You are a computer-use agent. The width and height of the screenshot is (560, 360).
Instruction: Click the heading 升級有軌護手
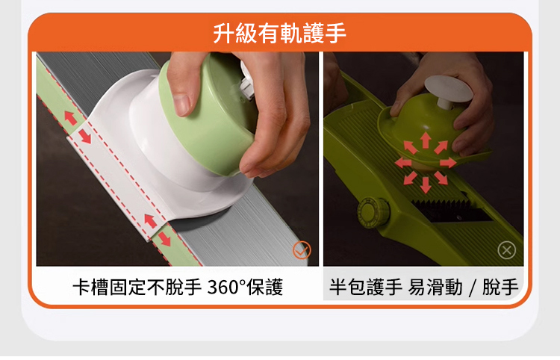(x=280, y=33)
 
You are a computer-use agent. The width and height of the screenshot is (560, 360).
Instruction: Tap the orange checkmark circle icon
(x=302, y=249)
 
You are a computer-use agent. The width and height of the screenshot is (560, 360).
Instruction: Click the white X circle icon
(x=507, y=250)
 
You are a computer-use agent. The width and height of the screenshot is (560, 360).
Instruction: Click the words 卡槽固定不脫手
(x=137, y=287)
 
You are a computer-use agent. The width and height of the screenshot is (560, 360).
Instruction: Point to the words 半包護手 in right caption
(x=366, y=287)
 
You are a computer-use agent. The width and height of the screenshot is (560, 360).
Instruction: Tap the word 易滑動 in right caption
(x=435, y=287)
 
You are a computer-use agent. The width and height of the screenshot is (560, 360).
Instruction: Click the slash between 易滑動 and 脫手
(x=473, y=288)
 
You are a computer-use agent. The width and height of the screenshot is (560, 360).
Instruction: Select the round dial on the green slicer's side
(x=373, y=212)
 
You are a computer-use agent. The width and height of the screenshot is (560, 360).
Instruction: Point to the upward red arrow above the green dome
(x=425, y=140)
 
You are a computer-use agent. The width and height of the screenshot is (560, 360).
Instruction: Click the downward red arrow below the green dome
(x=425, y=184)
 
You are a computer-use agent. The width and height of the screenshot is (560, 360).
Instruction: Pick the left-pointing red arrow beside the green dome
(x=403, y=163)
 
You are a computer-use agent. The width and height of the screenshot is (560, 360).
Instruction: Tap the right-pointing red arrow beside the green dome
(x=448, y=163)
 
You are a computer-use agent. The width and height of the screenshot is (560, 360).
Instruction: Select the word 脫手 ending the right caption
(x=500, y=287)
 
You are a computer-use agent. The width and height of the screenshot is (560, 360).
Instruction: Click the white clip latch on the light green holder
(x=246, y=83)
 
